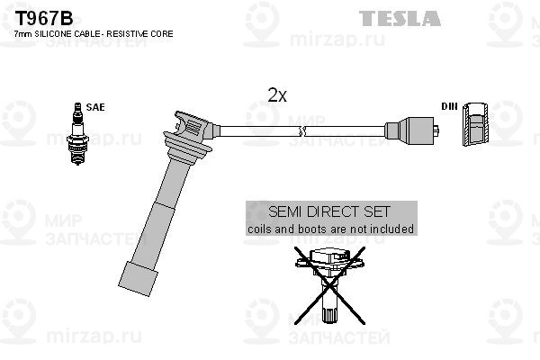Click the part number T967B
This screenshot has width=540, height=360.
click(x=44, y=18)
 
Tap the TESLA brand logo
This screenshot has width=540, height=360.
click(x=400, y=18)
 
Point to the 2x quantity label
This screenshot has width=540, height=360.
click(x=277, y=94)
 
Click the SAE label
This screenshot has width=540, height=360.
click(x=95, y=107)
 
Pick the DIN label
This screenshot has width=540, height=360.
click(x=449, y=106)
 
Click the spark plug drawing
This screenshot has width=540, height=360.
click(x=78, y=134)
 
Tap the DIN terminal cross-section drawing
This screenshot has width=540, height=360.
click(x=475, y=124)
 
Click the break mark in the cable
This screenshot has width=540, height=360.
click(x=302, y=131)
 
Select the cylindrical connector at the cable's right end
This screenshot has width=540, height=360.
click(x=412, y=131)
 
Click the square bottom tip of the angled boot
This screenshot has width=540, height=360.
click(x=138, y=279)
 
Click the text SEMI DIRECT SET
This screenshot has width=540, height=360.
click(x=329, y=211)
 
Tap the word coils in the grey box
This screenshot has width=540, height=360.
click(x=258, y=229)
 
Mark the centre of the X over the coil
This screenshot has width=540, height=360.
click(x=329, y=285)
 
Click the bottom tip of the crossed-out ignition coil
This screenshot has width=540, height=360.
click(x=329, y=321)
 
